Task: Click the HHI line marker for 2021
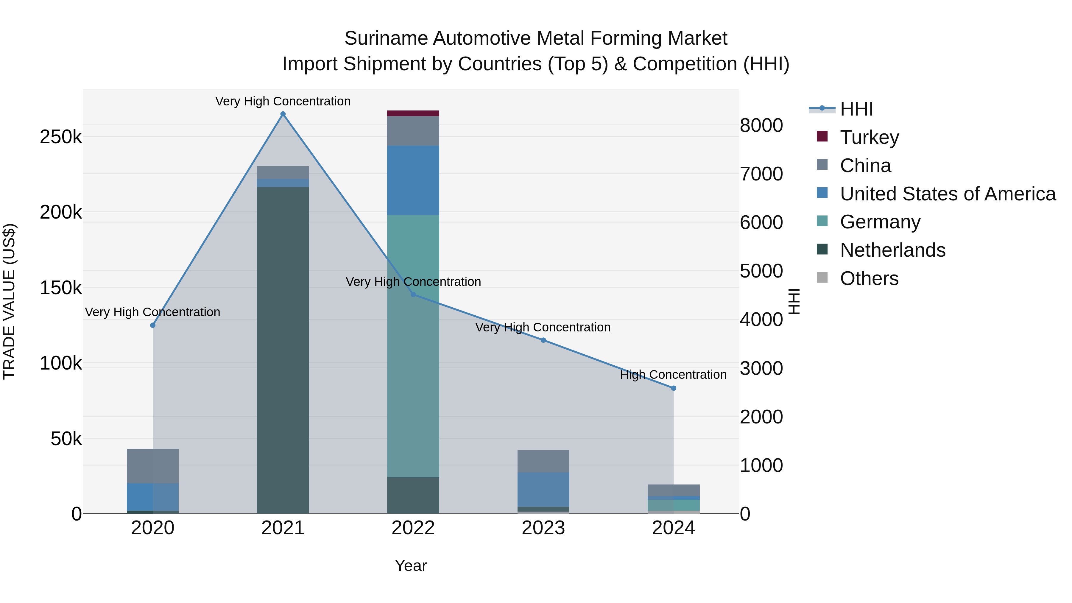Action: pos(283,114)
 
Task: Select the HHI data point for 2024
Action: pos(673,388)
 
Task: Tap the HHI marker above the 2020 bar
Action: pos(153,325)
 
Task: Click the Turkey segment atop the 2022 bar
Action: pos(413,113)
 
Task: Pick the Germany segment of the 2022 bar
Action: pos(413,345)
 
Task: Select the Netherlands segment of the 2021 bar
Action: pos(283,350)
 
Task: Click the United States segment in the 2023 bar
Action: pos(543,489)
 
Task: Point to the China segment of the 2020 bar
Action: pos(153,466)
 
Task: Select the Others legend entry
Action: pos(869,278)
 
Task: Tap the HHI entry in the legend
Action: pos(856,109)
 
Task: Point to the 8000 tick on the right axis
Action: pos(761,125)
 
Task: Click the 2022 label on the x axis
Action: pos(413,528)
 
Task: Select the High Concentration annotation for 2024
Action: pos(673,375)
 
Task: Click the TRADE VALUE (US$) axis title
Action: pos(9,301)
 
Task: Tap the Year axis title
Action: pos(411,565)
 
